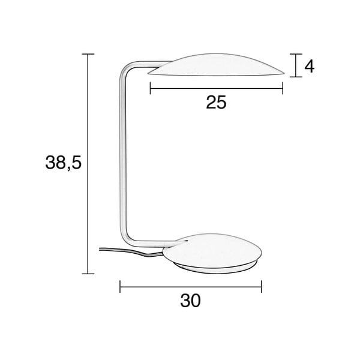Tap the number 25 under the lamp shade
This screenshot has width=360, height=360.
216,103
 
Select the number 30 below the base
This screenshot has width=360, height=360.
190,300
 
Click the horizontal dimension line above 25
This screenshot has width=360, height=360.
216,89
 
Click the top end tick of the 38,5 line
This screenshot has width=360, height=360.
88,55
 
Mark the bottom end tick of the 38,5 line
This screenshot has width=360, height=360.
88,274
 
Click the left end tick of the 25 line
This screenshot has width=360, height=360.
150,89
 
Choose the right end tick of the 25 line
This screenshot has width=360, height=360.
283,89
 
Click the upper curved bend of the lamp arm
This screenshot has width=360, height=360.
127,67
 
